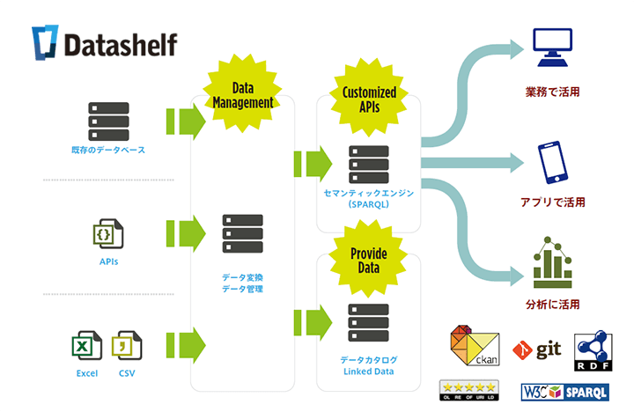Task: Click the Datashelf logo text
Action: [120, 43]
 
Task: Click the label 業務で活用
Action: [553, 91]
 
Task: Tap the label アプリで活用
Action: [553, 202]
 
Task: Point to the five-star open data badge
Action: [468, 390]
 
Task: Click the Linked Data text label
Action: [368, 372]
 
